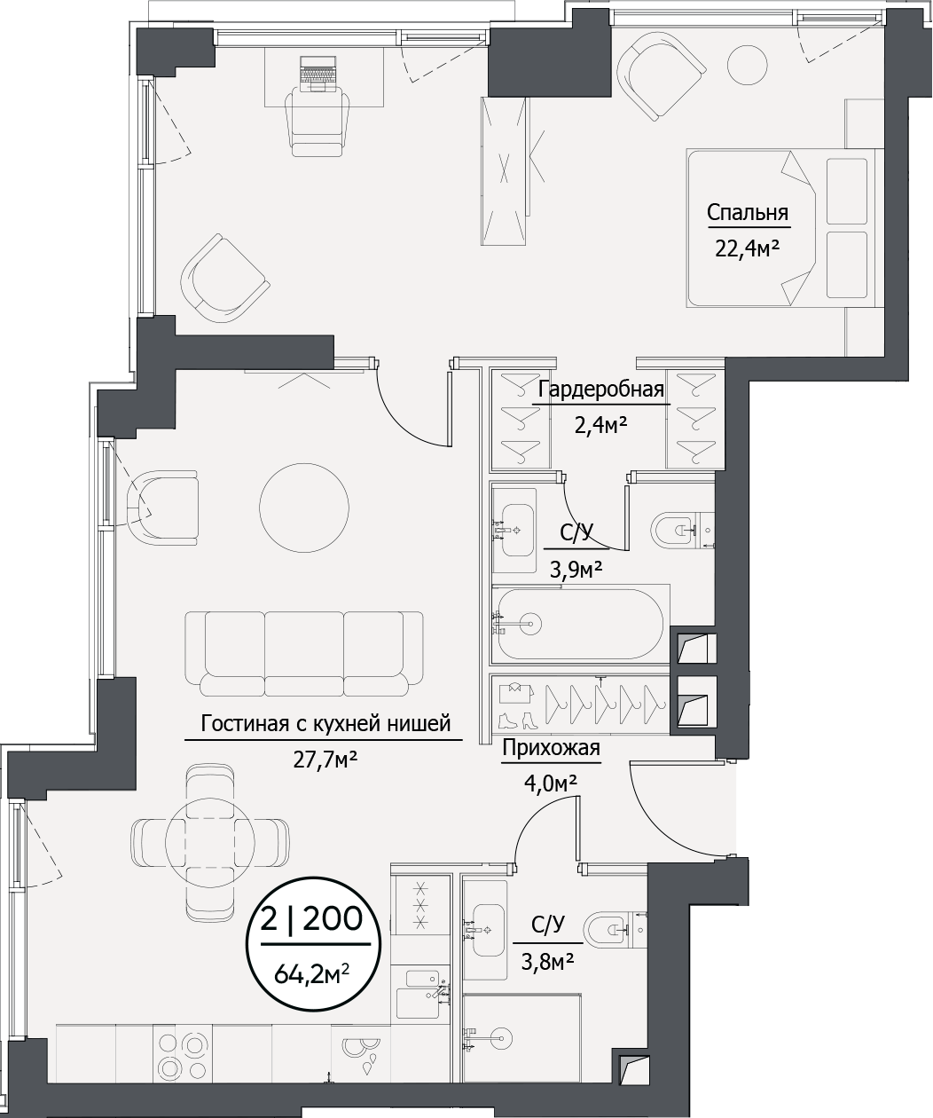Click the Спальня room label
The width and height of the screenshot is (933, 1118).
point(747,213)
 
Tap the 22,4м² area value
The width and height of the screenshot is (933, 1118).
point(747,248)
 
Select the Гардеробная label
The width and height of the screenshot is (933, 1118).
point(601,390)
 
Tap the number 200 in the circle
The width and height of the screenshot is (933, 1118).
point(333,919)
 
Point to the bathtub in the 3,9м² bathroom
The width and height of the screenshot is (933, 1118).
point(578,624)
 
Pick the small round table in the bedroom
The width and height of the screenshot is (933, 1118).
point(747,62)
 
